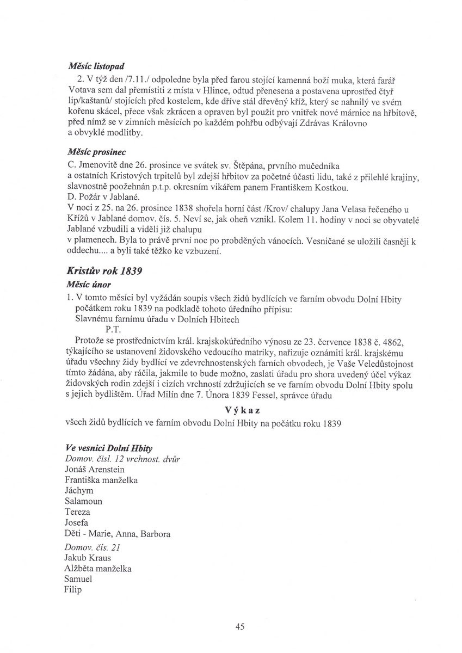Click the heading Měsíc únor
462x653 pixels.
click(x=87, y=285)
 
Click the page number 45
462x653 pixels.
click(x=240, y=627)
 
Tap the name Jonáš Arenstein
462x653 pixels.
click(x=94, y=469)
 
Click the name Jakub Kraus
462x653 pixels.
click(x=88, y=558)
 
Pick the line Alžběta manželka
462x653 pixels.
click(x=98, y=569)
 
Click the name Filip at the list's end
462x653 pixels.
click(x=72, y=590)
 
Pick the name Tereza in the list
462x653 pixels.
click(x=77, y=512)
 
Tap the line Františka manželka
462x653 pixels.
click(x=101, y=480)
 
